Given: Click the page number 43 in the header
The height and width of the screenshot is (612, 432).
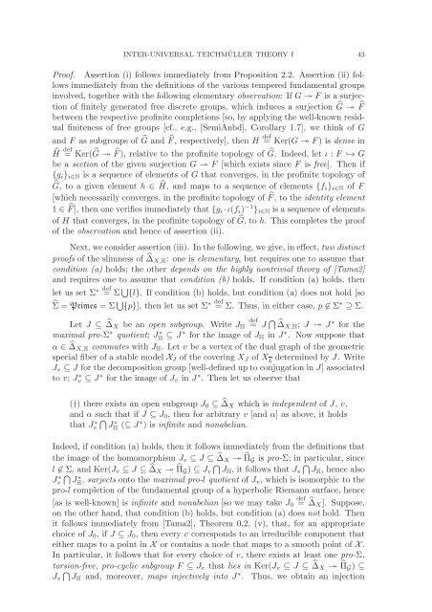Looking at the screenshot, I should (402, 13).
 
